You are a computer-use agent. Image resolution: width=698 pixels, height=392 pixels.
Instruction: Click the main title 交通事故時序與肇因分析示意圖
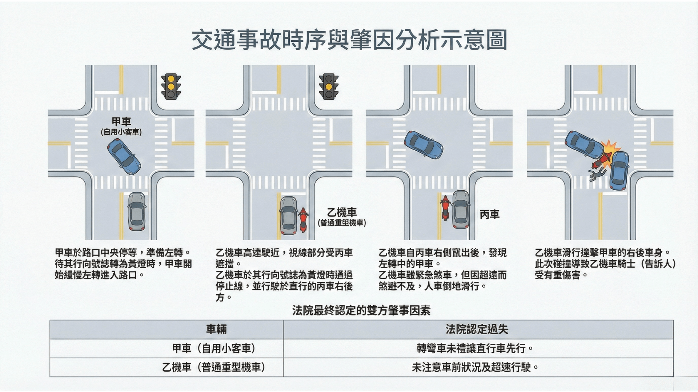[x=349, y=40]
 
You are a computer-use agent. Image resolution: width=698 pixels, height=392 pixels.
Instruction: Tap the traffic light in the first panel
[x=171, y=87]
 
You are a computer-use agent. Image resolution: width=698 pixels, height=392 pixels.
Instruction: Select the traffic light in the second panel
[x=329, y=87]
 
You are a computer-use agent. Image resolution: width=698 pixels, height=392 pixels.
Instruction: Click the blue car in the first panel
[x=124, y=156]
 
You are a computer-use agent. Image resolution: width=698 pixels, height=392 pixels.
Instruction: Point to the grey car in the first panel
[x=137, y=212]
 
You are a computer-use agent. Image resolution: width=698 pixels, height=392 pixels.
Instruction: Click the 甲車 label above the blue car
[x=121, y=122]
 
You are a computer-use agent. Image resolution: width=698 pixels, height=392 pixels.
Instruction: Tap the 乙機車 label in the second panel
[x=342, y=212]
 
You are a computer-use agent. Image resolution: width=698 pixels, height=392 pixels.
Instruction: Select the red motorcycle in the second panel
[x=303, y=220]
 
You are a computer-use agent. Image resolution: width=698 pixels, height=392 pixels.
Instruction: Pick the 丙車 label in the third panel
[x=489, y=215]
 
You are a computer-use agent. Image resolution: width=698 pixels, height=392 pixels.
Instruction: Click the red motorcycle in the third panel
[x=445, y=208]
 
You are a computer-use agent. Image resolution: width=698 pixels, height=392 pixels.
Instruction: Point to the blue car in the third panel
[x=424, y=145]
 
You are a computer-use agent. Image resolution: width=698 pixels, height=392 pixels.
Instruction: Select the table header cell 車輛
[x=216, y=329]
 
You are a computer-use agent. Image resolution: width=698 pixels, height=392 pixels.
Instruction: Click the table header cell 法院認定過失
[x=477, y=329]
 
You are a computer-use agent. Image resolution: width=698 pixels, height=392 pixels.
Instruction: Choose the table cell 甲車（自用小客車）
[x=214, y=348]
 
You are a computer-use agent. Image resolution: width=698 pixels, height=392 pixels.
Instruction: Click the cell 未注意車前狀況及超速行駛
[x=475, y=367]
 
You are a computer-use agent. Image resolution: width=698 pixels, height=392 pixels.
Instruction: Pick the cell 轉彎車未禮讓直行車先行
[x=475, y=348]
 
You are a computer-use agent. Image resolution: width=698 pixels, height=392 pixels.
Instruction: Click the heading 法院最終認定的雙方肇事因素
[x=361, y=310]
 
